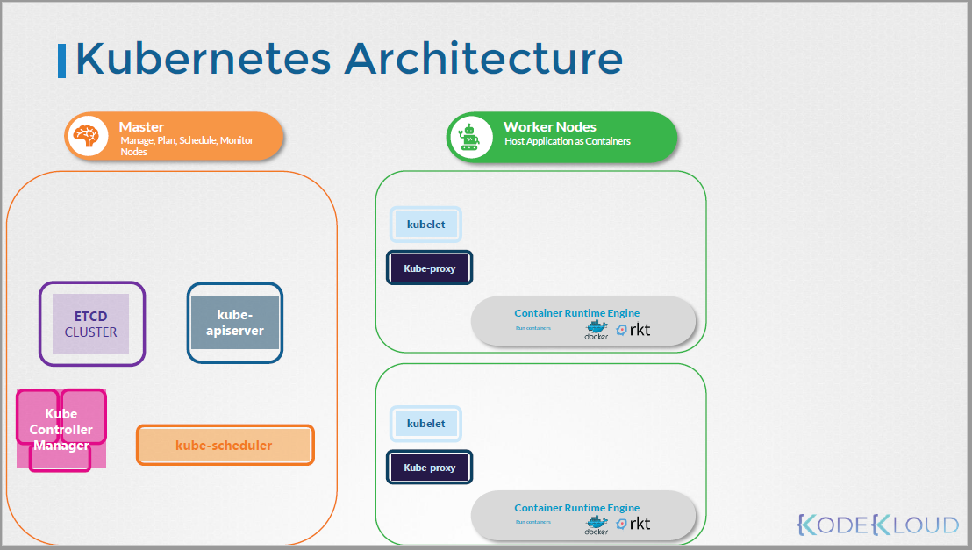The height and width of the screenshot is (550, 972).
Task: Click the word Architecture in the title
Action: pyautogui.click(x=483, y=59)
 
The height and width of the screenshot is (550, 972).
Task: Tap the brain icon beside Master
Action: pyautogui.click(x=88, y=138)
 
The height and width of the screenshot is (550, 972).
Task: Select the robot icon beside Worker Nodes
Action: pyautogui.click(x=469, y=138)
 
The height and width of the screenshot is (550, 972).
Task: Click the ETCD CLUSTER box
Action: pyautogui.click(x=91, y=324)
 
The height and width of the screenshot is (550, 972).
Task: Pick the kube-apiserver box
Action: pyautogui.click(x=235, y=322)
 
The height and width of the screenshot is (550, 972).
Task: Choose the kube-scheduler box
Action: pyautogui.click(x=225, y=445)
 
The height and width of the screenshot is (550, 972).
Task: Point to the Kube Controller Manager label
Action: pyautogui.click(x=61, y=430)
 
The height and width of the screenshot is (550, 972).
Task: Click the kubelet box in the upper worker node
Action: pyautogui.click(x=425, y=225)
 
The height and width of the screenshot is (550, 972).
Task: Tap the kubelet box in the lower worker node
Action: pyautogui.click(x=425, y=424)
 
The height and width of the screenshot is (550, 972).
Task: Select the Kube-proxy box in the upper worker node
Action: pyautogui.click(x=430, y=268)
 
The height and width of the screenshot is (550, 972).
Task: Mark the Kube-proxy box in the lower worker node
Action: pyautogui.click(x=430, y=468)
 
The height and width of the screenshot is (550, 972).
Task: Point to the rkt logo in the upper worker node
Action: pyautogui.click(x=633, y=330)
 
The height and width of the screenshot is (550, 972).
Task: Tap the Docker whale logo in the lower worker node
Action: pyautogui.click(x=597, y=524)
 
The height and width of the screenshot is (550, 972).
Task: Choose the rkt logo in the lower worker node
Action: pyautogui.click(x=633, y=524)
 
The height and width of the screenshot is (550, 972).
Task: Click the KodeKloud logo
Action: pyautogui.click(x=877, y=525)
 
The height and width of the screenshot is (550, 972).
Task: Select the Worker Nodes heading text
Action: pyautogui.click(x=549, y=127)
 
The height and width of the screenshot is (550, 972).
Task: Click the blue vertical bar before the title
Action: pyautogui.click(x=61, y=60)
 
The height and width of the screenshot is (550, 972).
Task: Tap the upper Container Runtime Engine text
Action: pyautogui.click(x=576, y=313)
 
